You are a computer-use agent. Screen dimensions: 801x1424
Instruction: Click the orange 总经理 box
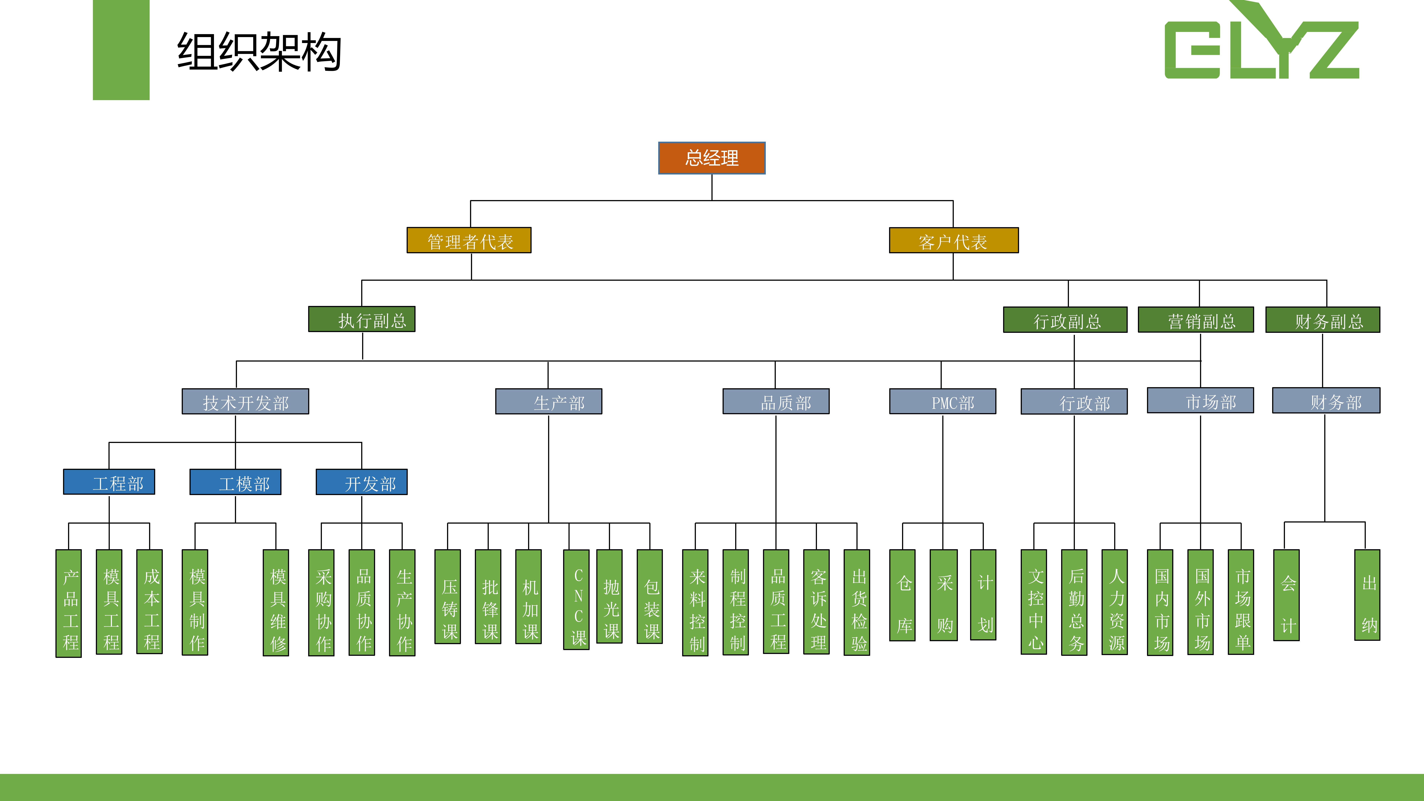point(711,158)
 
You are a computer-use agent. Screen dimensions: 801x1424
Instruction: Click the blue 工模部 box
point(235,482)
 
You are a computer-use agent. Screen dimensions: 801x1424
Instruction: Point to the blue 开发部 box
point(362,482)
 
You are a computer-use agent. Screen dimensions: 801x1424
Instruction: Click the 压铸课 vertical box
point(448,597)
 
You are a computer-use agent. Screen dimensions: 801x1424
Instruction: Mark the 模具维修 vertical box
point(276,603)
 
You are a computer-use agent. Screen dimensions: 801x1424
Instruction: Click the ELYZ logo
point(1261,44)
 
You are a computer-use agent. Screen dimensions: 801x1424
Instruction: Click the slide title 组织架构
point(259,51)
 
